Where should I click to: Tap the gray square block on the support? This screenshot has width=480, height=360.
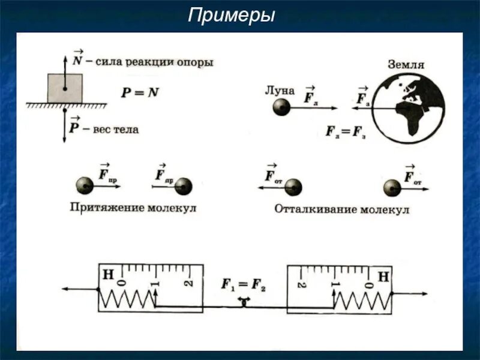click(64, 88)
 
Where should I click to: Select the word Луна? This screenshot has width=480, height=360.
click(280, 91)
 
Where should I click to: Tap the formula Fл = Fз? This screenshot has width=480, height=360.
click(346, 131)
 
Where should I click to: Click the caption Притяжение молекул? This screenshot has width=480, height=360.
click(133, 208)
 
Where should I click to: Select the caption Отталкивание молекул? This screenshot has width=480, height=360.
click(342, 209)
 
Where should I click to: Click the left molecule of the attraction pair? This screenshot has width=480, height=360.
click(85, 186)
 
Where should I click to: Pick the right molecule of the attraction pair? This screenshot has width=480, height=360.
click(184, 186)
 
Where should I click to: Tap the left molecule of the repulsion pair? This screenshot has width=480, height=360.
click(293, 187)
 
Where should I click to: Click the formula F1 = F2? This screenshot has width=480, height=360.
click(244, 285)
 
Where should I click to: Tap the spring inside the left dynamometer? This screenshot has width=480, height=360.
click(127, 299)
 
